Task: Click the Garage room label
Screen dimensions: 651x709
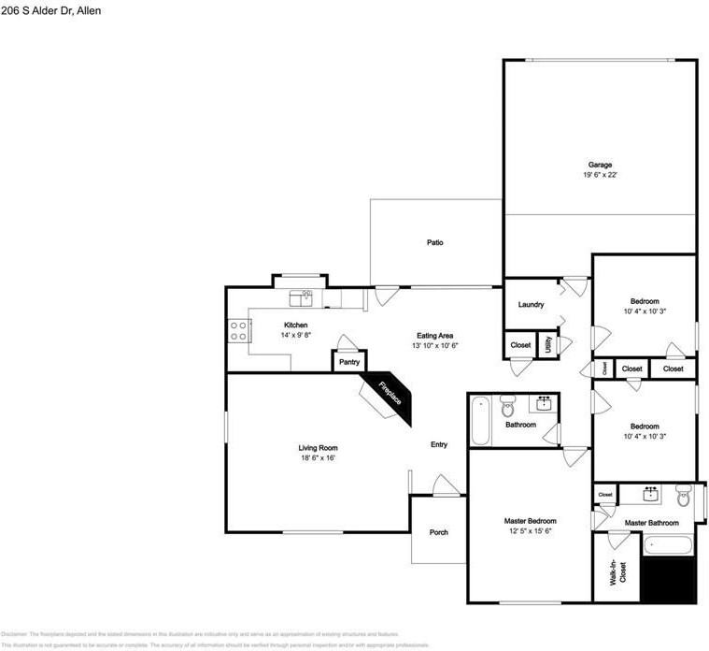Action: click(600, 165)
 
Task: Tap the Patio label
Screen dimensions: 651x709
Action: click(434, 242)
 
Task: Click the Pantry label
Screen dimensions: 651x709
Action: click(349, 361)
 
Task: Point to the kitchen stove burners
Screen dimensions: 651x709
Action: click(238, 329)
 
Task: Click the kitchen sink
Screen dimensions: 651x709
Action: click(301, 298)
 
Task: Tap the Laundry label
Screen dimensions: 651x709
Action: click(531, 305)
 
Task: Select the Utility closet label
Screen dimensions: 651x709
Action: click(548, 343)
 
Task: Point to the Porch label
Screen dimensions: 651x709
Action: click(438, 532)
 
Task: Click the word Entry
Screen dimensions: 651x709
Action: click(438, 444)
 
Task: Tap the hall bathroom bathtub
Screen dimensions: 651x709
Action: click(480, 421)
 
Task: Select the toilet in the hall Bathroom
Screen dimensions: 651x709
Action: click(507, 407)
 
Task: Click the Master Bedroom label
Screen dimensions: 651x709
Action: click(532, 521)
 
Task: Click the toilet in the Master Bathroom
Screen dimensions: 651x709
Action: click(684, 495)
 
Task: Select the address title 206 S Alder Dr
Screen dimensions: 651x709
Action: click(51, 10)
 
